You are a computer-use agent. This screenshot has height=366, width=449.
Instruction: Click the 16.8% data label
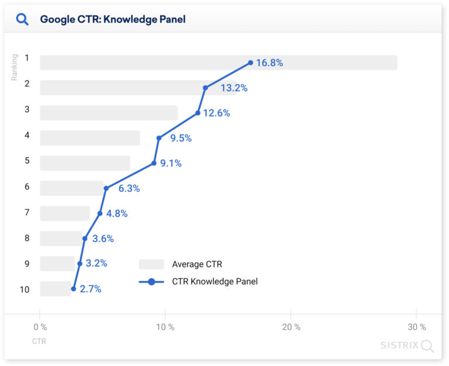click(x=269, y=63)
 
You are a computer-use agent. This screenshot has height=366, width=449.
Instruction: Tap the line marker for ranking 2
click(x=205, y=88)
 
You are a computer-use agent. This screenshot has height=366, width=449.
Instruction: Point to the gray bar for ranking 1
click(x=218, y=63)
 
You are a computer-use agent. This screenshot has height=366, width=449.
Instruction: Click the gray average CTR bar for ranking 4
click(x=90, y=138)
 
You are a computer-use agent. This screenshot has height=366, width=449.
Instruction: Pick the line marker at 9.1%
click(x=154, y=163)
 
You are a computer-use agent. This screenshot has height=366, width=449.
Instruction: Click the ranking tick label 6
click(x=27, y=187)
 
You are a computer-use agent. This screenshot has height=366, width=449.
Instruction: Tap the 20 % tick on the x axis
click(x=291, y=327)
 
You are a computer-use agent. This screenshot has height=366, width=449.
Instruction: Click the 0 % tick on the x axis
click(x=40, y=327)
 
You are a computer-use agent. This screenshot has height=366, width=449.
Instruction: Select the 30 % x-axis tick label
click(x=416, y=327)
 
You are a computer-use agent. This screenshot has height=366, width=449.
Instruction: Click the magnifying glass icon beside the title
click(x=22, y=19)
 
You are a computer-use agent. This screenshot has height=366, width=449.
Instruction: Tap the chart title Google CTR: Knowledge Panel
click(x=112, y=19)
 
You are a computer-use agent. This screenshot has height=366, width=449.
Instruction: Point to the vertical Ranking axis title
click(x=15, y=67)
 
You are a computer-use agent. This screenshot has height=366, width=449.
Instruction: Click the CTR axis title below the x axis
click(x=39, y=340)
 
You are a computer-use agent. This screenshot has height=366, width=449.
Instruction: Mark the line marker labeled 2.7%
click(x=74, y=289)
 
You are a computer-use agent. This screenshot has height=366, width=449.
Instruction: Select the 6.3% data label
click(x=129, y=188)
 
